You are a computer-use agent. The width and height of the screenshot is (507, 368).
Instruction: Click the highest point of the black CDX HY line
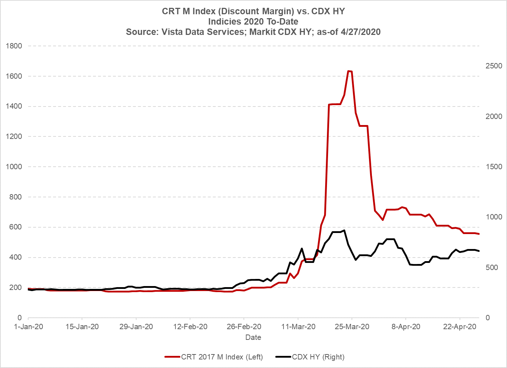pos(344,230)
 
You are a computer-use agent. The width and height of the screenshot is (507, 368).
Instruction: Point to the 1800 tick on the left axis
pos(14,46)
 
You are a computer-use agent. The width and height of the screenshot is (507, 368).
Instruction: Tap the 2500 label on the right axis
pos(493,66)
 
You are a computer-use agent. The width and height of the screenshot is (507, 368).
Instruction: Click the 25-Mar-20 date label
pos(352,327)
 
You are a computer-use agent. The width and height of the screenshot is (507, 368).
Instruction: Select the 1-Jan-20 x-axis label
pos(28,327)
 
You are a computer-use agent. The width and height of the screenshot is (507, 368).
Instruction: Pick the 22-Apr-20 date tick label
pos(460,327)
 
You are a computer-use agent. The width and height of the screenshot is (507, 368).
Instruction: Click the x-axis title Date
pos(253,337)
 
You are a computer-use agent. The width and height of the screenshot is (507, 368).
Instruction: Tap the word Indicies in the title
pos(222,21)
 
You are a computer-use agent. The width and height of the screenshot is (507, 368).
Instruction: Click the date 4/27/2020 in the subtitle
pos(360,32)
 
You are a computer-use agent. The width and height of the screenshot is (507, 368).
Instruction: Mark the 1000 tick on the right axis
pos(493,217)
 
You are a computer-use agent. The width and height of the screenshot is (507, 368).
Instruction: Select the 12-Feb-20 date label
pos(190,327)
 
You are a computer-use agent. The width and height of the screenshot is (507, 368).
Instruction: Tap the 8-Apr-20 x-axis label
pos(406,327)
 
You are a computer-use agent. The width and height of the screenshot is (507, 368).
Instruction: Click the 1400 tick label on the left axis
pos(14,107)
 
